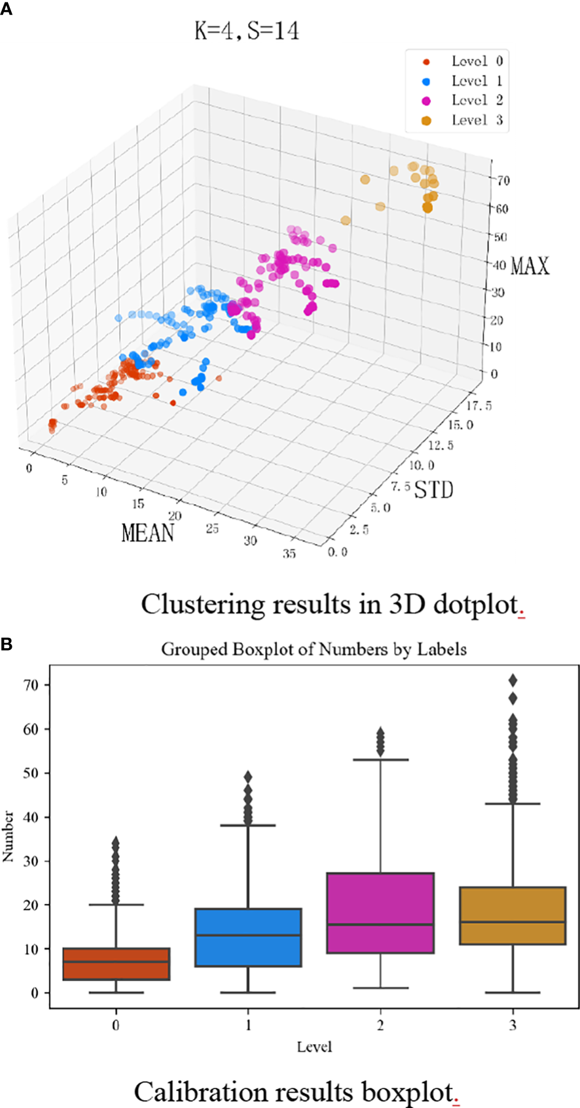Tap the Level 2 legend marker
point(426,101)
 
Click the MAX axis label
point(530,266)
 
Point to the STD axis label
point(433,490)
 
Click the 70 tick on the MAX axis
point(503,180)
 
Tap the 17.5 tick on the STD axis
point(479,406)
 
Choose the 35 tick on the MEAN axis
point(289,554)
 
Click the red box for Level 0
point(116,964)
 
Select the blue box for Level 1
point(248,937)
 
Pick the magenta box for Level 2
point(381,913)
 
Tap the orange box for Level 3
point(512,915)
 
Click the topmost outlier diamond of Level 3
point(512,681)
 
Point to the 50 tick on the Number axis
point(31,773)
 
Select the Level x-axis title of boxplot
point(314,1047)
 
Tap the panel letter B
point(7,645)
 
